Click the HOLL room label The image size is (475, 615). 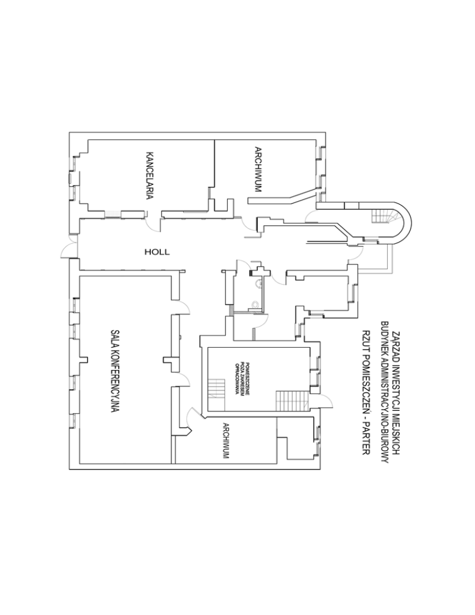[x=156, y=252]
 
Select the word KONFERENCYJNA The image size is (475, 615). [x=114, y=385]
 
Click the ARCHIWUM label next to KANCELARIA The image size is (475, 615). [x=258, y=169]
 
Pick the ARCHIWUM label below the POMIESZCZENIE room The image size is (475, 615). [x=226, y=441]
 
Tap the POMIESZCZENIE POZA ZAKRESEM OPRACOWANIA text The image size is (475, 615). [x=237, y=379]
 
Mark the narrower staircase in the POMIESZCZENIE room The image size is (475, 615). [x=216, y=390]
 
